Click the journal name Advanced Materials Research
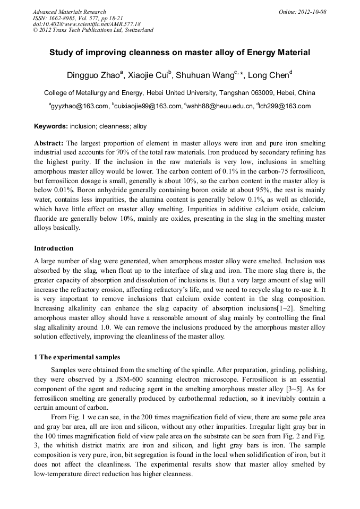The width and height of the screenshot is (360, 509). [69, 12]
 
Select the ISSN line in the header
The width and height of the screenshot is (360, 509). [70, 18]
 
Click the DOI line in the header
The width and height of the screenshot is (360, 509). [86, 24]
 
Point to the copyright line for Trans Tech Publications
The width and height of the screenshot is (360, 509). [93, 30]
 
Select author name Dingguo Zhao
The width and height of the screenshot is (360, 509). [93, 75]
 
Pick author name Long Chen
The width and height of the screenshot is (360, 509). [269, 75]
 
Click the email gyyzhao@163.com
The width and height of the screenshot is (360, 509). [79, 106]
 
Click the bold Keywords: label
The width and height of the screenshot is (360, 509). [51, 126]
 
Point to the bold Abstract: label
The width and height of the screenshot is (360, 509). [49, 144]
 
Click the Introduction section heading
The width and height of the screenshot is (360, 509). [54, 248]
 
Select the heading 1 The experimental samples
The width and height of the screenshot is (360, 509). [77, 357]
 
